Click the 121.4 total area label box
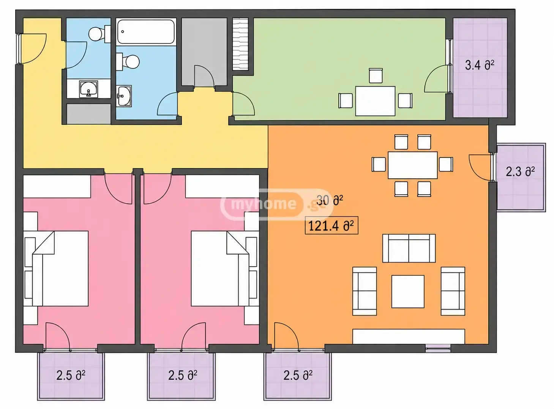tap(331, 225)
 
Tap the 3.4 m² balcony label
tap(479, 65)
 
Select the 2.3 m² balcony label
tap(520, 172)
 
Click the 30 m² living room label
tap(330, 200)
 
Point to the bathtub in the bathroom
tap(146, 32)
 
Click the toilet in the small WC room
tap(99, 33)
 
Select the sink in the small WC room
tap(88, 89)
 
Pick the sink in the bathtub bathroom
tap(124, 96)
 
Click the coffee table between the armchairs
tap(408, 291)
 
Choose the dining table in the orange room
tap(413, 165)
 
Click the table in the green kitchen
tap(375, 101)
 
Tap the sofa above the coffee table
tap(409, 248)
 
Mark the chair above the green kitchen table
tap(376, 76)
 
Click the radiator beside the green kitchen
tap(240, 44)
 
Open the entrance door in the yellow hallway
tap(33, 49)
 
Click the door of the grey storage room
tap(204, 76)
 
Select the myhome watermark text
tap(264, 203)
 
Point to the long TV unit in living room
tap(409, 336)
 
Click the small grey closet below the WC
tap(89, 114)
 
